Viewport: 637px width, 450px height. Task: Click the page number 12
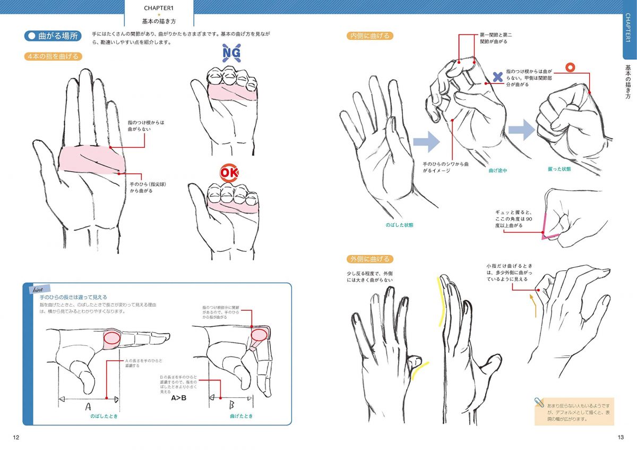pos(16,437)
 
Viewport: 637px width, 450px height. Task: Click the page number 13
pos(620,437)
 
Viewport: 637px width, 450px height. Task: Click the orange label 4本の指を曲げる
pos(53,56)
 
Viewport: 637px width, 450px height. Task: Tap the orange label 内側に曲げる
pos(369,36)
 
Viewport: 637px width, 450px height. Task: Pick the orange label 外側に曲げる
pos(369,259)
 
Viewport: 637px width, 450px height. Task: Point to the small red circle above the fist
pos(571,67)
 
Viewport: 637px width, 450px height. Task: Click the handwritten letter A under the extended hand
pos(88,406)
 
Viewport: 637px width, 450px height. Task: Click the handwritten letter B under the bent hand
pos(232,406)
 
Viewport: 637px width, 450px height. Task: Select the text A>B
pos(179,398)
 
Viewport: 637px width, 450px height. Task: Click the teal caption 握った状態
pos(559,169)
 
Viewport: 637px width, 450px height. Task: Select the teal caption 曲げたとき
pos(241,416)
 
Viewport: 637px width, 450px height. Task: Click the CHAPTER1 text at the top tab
pos(159,8)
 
